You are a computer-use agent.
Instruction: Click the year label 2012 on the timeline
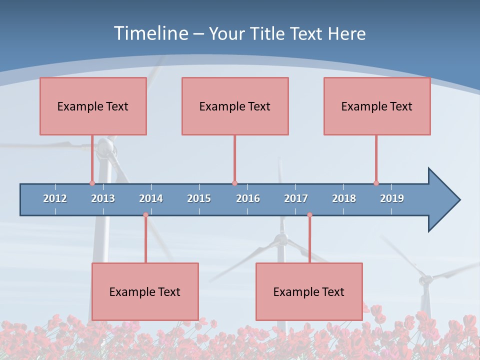tap(55, 198)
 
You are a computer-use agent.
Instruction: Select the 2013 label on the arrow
tap(103, 198)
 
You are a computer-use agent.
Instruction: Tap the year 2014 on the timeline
tap(151, 198)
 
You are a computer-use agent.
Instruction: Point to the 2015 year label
tap(199, 198)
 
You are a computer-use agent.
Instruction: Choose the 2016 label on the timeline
tap(248, 198)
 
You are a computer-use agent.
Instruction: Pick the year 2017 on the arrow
tap(296, 198)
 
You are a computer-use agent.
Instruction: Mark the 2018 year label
tap(344, 198)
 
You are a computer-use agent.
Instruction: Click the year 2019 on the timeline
tap(392, 198)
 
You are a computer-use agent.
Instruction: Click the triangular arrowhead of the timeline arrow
tap(443, 200)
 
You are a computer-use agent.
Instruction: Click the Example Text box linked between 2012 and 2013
tap(93, 106)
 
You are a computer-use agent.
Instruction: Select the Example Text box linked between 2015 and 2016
tap(235, 106)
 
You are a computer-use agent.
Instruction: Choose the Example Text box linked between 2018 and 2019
tap(377, 106)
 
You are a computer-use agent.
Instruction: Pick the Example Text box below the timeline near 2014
tap(145, 291)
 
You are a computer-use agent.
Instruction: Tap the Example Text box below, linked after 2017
tap(309, 291)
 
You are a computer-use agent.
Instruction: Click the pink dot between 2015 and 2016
tap(234, 183)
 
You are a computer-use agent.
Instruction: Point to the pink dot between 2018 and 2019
tap(376, 183)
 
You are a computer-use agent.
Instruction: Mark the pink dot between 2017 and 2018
tap(309, 215)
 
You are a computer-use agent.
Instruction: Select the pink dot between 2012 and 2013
tap(92, 183)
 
